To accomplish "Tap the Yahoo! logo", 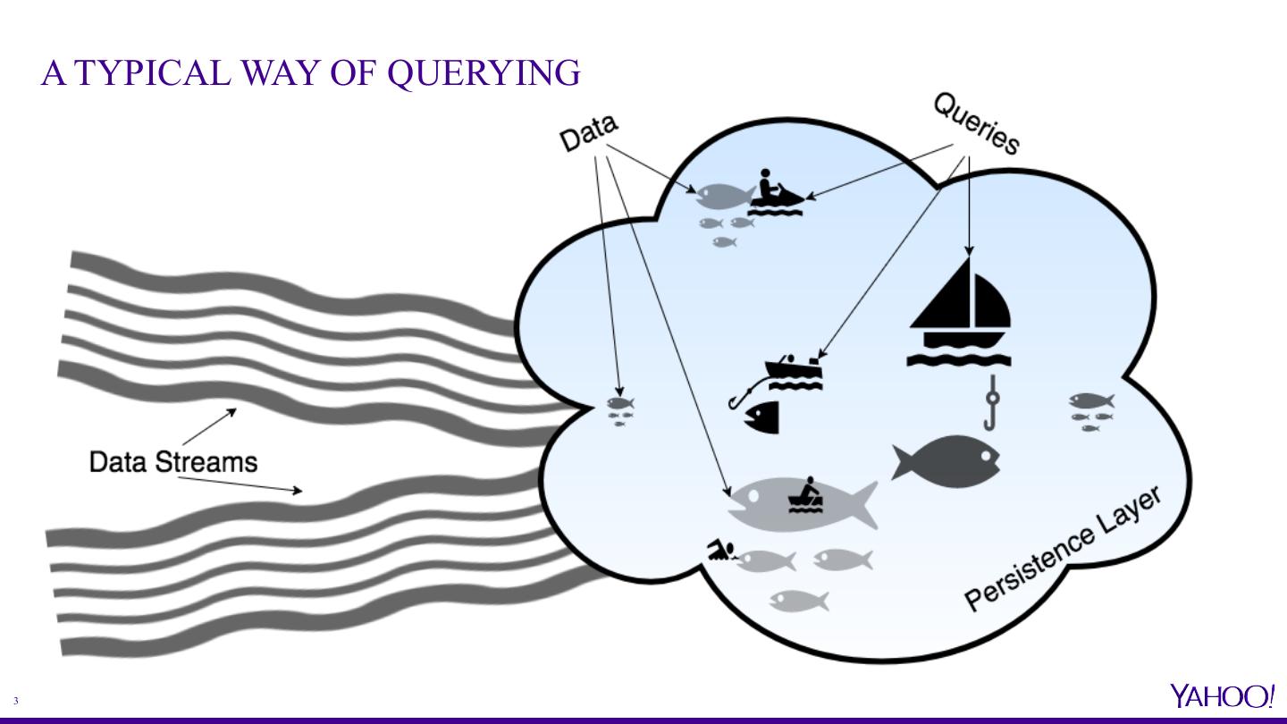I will tap(1222, 696).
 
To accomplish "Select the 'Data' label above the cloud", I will tap(588, 134).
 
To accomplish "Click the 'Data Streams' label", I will tap(173, 461).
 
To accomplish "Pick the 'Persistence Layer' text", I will tap(1064, 549).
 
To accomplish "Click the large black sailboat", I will tap(960, 313).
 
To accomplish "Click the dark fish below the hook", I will tap(947, 461).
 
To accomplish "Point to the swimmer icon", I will tap(721, 551).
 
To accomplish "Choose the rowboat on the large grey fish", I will tap(805, 497).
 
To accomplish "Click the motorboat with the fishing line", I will tap(794, 370).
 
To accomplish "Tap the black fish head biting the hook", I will tap(762, 417).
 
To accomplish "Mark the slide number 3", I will tap(16, 702).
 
